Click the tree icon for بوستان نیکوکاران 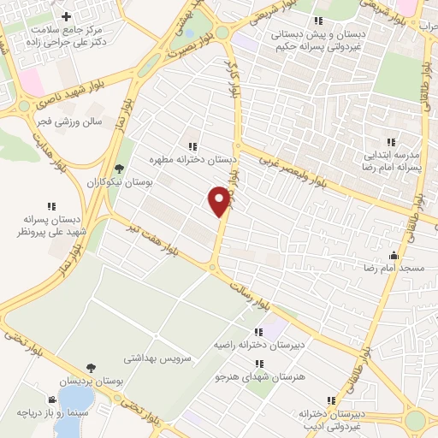[119, 169]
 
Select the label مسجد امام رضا [396, 269]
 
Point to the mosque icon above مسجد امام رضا [394, 255]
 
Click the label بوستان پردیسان [91, 382]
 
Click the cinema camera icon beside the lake [52, 400]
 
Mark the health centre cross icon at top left [67, 17]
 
